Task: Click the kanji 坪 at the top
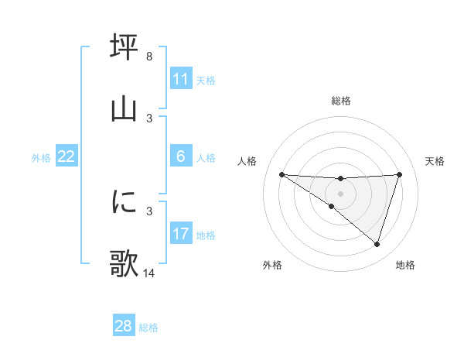[124, 47]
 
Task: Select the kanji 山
[124, 108]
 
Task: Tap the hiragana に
[124, 202]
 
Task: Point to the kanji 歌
[124, 263]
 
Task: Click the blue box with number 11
[181, 79]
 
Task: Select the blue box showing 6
[181, 156]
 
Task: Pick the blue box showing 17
[181, 234]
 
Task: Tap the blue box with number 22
[67, 156]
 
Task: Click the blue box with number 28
[124, 326]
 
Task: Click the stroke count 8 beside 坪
[149, 57]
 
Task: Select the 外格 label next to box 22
[41, 158]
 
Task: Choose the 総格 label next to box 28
[148, 328]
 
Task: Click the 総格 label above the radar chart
[341, 101]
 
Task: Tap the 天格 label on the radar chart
[435, 161]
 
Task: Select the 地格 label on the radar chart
[405, 265]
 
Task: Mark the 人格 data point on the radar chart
[281, 174]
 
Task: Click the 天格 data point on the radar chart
[400, 174]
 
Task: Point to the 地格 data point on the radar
[377, 244]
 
